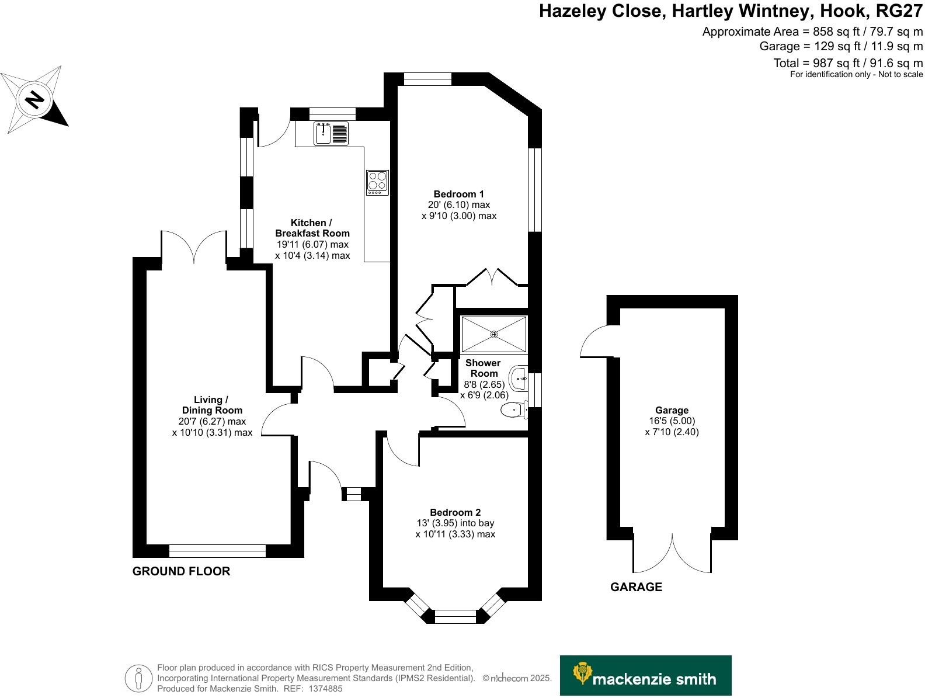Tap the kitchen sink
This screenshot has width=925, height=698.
pos(323,134)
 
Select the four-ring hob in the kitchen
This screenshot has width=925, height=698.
pos(377,182)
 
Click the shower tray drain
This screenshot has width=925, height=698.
pos(494,334)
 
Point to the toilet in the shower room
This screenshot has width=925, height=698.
pos(512,411)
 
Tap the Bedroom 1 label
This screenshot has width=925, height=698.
pos(458,194)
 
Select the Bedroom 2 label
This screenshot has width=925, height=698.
pos(455,512)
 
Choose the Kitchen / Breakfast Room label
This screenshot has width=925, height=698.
pos(312,228)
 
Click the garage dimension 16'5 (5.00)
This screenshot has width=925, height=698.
pos(672,421)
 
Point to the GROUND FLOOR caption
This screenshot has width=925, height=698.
pos(181,571)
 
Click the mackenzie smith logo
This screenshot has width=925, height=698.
pos(645,675)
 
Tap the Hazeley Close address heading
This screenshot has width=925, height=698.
pos(731,12)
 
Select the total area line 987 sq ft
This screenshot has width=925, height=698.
pos(848,63)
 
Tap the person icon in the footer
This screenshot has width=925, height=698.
pos(138,678)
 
